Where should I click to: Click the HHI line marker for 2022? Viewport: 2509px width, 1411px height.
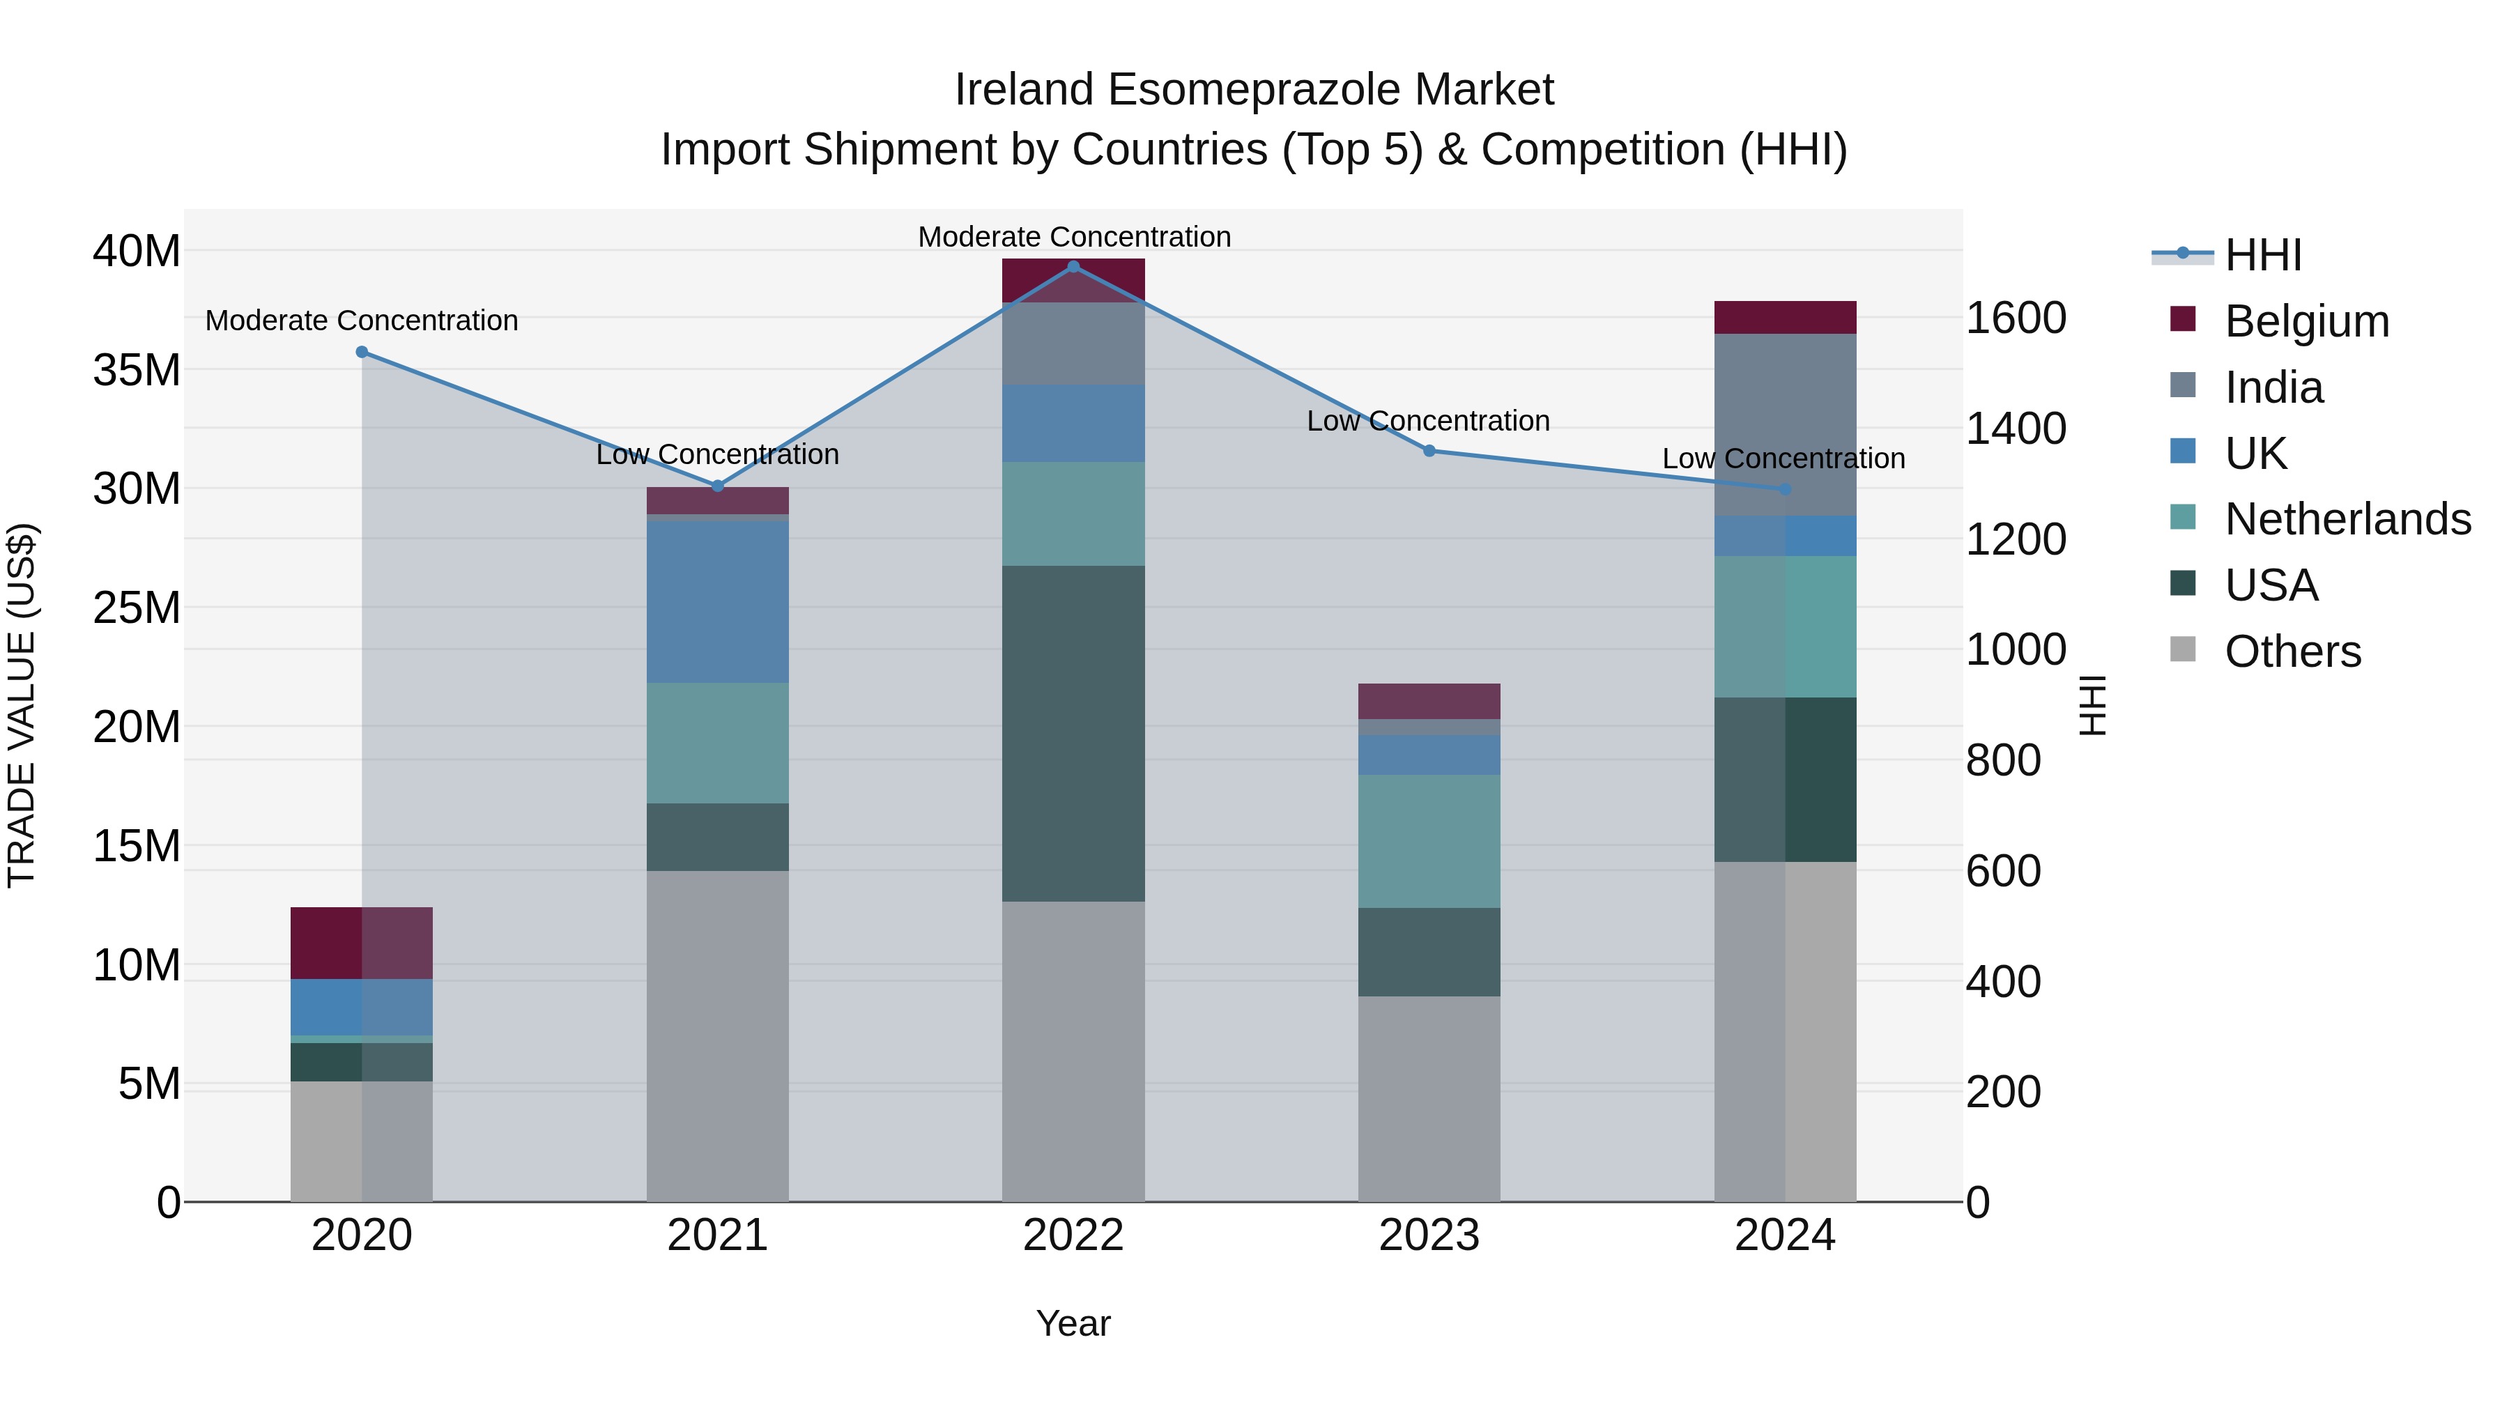(1073, 266)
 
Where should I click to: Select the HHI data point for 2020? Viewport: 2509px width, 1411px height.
(361, 352)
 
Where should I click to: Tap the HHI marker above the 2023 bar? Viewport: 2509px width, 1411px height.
(1429, 451)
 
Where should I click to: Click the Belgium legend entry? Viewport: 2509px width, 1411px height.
(2306, 321)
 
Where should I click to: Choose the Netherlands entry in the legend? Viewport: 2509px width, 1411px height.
(2347, 519)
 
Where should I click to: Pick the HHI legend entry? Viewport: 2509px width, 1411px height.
(2262, 255)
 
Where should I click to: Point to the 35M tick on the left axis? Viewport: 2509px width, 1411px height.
(137, 370)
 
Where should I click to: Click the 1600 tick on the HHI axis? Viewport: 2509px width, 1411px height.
(2015, 318)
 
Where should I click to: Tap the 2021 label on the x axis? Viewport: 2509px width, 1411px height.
(717, 1235)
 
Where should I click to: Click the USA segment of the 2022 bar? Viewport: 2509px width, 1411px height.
(1073, 732)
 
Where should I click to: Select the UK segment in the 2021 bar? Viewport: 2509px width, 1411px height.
(717, 602)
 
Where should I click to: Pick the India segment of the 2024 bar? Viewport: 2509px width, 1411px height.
(1784, 424)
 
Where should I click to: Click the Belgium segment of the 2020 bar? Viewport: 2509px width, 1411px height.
(361, 943)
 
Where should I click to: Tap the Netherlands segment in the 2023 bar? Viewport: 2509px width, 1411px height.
(1429, 840)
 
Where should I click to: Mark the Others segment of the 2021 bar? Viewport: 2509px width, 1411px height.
(717, 1035)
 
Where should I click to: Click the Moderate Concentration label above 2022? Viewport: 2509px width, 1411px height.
(1074, 237)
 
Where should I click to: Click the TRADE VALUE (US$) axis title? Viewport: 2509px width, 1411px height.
(22, 705)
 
